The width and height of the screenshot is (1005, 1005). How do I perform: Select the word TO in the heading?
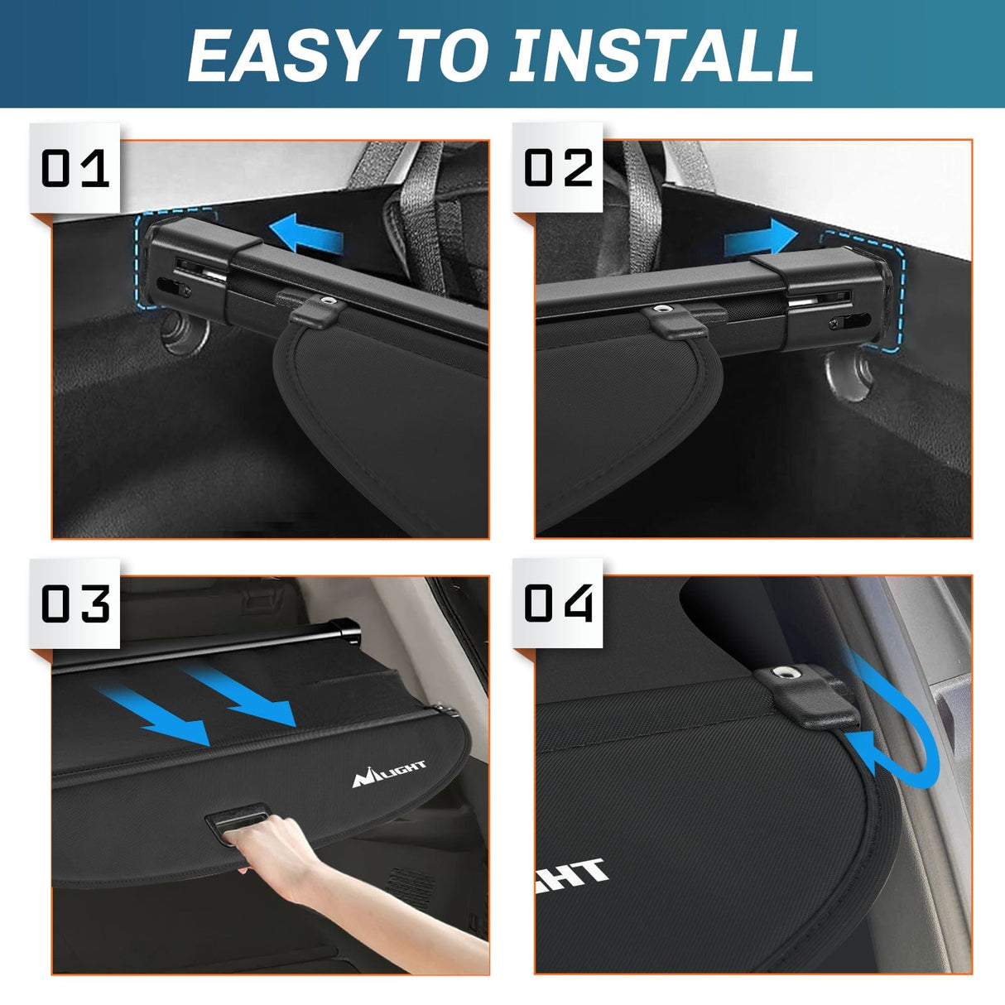click(443, 55)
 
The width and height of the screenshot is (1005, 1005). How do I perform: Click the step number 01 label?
click(75, 169)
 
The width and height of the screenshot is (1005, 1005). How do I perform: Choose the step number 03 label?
click(75, 603)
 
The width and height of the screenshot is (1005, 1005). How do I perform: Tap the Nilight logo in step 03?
click(389, 773)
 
